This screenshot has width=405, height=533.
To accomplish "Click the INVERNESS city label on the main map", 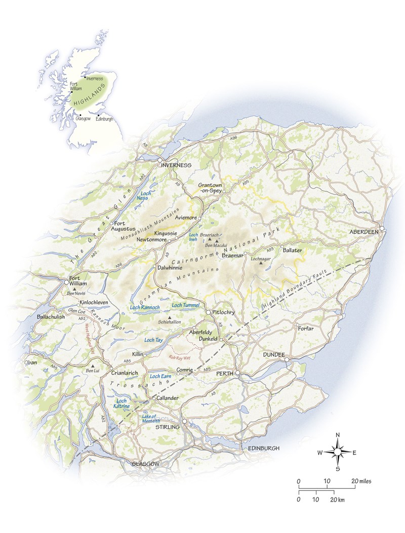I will (176, 166).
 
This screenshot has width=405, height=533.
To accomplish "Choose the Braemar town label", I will (233, 256).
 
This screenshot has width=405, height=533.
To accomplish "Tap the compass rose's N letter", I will (338, 435).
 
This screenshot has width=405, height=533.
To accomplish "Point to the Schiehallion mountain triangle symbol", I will (163, 317).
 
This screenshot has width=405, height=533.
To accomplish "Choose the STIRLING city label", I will (167, 427).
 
